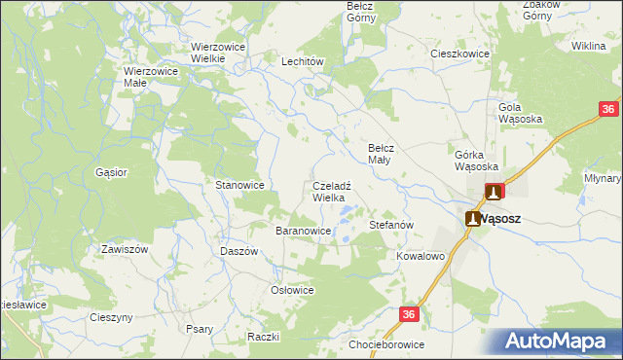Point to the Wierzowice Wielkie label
coord(217,53)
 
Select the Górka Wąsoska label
coord(476,160)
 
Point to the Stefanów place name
coord(392,225)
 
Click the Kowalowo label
coord(421,256)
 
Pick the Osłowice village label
coord(292,290)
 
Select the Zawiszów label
coord(124,249)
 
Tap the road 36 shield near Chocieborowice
coord(409,313)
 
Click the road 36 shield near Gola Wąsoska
coord(606,110)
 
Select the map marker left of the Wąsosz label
coord(473,219)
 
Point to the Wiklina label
coord(588,46)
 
